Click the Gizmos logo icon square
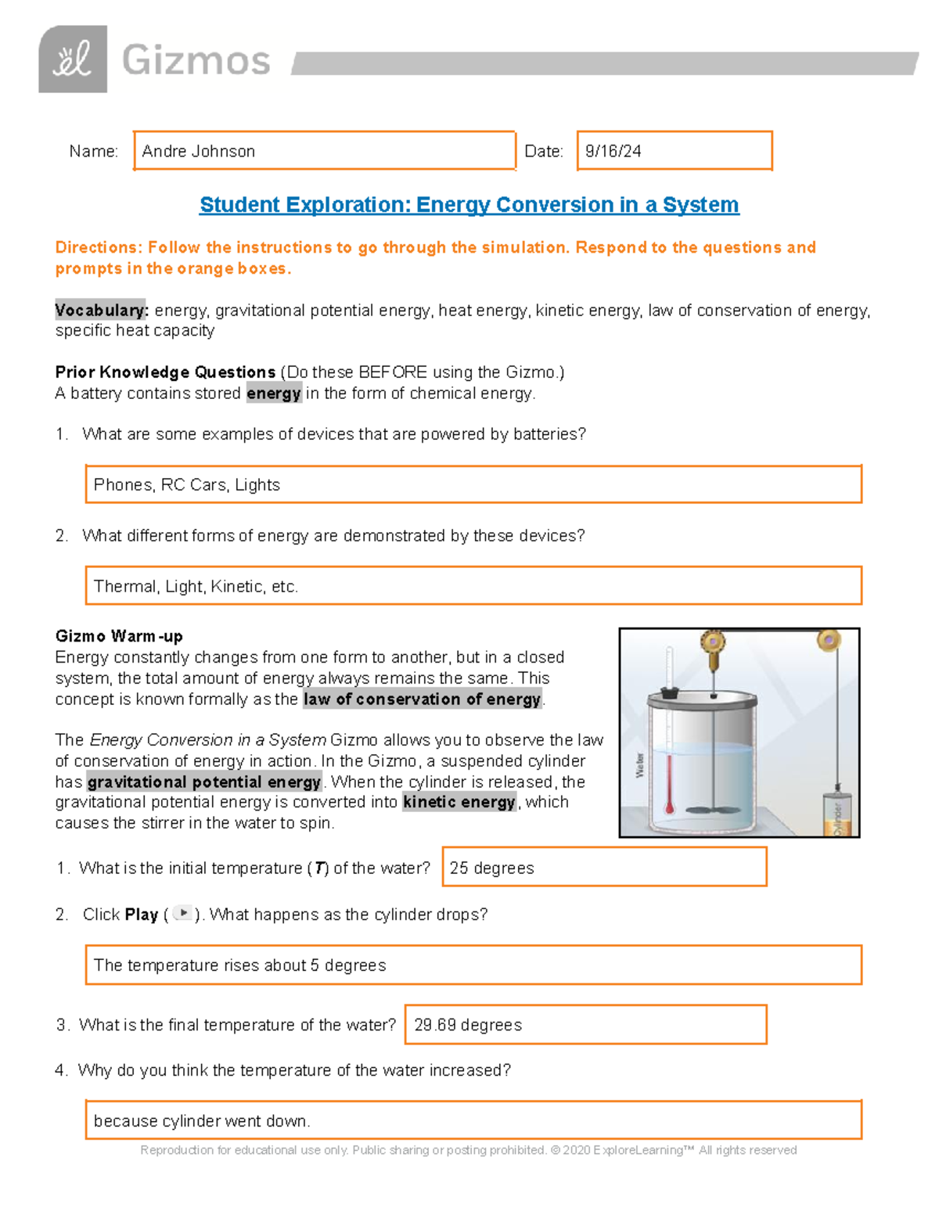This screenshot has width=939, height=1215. [x=72, y=59]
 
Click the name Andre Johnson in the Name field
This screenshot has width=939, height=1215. [x=199, y=151]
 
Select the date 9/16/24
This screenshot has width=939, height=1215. [x=613, y=151]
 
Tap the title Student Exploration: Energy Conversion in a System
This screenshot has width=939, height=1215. [x=469, y=205]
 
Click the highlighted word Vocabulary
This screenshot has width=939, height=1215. [x=101, y=310]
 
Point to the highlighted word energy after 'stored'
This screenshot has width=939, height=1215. [x=274, y=393]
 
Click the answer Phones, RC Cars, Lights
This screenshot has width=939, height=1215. [x=187, y=485]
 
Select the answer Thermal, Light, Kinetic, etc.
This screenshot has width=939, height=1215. [x=196, y=587]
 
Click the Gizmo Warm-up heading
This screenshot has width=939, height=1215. [x=119, y=636]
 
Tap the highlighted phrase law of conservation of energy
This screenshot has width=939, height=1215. [x=422, y=699]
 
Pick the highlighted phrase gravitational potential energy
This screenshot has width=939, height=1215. [x=204, y=782]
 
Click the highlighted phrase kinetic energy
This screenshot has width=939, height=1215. [x=459, y=802]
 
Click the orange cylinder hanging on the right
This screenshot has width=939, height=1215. [x=836, y=814]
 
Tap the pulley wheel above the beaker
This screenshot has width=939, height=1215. [x=713, y=642]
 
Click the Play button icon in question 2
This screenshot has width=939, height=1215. [x=182, y=913]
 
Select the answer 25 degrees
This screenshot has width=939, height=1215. [x=492, y=868]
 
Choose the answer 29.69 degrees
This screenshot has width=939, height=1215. [x=468, y=1025]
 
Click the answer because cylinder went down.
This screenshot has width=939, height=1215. [x=202, y=1121]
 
